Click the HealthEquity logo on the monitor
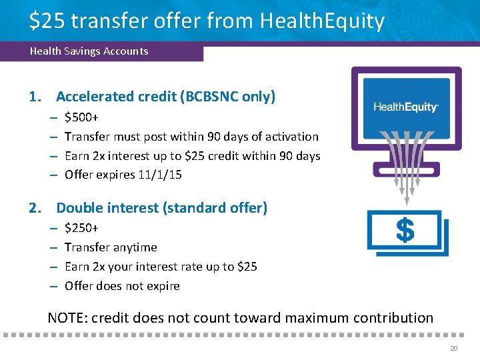coord(405,107)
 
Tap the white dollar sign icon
coord(405,231)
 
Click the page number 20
coord(454,349)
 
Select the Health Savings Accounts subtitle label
coord(89,51)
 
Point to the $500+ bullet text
coord(81,117)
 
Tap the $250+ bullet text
coord(81,228)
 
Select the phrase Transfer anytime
coord(111,247)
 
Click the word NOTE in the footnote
coord(66,318)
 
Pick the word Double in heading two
coord(79,208)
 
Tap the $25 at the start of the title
coord(47,21)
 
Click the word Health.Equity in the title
coord(321,21)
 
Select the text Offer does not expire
coord(122,286)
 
